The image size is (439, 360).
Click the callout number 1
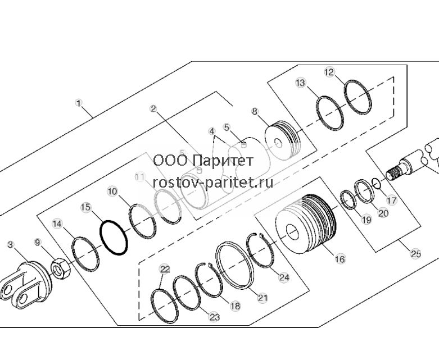(x=79, y=103)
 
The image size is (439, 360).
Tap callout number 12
(x=329, y=72)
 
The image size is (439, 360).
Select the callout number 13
(x=300, y=83)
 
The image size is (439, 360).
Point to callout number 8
(x=255, y=112)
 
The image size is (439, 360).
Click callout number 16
(x=340, y=259)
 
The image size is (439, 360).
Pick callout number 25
(x=415, y=254)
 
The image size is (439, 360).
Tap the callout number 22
(x=165, y=270)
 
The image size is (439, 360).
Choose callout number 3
(x=10, y=245)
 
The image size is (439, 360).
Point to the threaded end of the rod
(x=393, y=174)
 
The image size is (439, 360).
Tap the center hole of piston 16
(x=292, y=231)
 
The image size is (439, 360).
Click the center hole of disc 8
(x=278, y=143)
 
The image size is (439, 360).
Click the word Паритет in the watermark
(x=223, y=161)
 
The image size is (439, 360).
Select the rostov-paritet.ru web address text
(x=213, y=183)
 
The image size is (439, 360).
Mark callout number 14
(x=57, y=224)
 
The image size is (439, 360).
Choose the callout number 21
(x=263, y=298)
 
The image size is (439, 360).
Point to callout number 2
(x=153, y=108)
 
